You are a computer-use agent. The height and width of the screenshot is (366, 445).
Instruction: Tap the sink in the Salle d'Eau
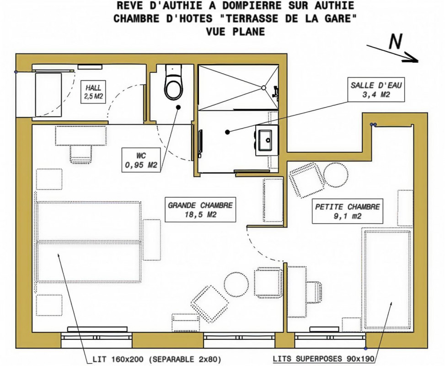coord(265,140)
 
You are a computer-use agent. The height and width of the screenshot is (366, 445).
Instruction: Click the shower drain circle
coord(263,88)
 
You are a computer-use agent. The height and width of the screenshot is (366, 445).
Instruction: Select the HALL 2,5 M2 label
coord(93,91)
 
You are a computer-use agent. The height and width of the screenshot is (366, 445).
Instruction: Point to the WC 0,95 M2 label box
coord(141,160)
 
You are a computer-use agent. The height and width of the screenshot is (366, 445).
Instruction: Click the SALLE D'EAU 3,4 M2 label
coord(376,90)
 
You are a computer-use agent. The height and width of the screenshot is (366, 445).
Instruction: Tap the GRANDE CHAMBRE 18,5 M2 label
coord(200,210)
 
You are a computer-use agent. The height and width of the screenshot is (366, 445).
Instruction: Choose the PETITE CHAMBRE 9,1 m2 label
coord(348,211)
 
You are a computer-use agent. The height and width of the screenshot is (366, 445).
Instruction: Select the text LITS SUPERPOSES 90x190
coord(323,359)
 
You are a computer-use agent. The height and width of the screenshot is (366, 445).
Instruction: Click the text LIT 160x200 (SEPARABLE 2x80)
coord(157,360)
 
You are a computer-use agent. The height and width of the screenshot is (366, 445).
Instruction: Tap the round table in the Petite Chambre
coord(336,175)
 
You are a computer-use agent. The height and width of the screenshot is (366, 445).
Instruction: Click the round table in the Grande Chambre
coord(236,283)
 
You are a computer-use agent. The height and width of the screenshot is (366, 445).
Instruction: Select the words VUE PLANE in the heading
coord(235,31)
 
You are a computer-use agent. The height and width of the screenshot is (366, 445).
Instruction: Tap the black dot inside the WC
coord(178,107)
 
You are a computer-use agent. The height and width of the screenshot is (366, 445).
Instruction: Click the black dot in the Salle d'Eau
coord(227,132)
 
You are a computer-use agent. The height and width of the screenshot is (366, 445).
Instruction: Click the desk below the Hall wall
coord(81,136)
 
